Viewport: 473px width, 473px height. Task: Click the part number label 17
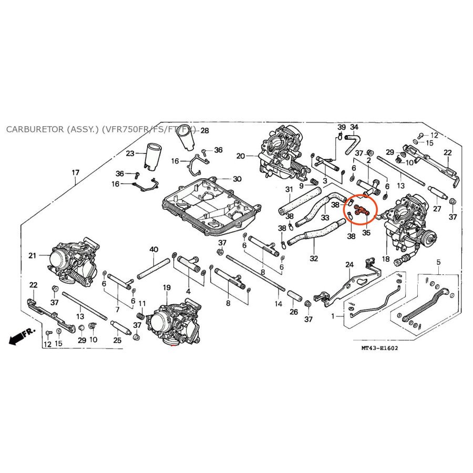coord(76,172)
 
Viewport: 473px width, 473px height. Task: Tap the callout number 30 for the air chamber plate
coord(237,179)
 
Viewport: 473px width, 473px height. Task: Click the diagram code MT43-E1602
coord(379,348)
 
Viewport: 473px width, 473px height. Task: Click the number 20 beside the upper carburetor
coord(241,156)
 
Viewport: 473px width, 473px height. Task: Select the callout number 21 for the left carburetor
coord(33,255)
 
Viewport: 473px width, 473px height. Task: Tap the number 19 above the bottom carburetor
coord(167,287)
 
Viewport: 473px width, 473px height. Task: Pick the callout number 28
coord(204,130)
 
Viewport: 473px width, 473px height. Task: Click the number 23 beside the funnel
coord(130,153)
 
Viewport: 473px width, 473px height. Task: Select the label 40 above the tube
coord(153,249)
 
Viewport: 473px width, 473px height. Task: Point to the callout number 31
coord(289,189)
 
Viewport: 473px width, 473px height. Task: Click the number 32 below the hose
coord(314,259)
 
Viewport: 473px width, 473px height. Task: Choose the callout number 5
coord(438,262)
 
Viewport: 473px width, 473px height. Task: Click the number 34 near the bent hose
coord(354,128)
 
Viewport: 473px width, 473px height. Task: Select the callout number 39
coord(341,128)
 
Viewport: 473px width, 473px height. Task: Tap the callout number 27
coord(437,208)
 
